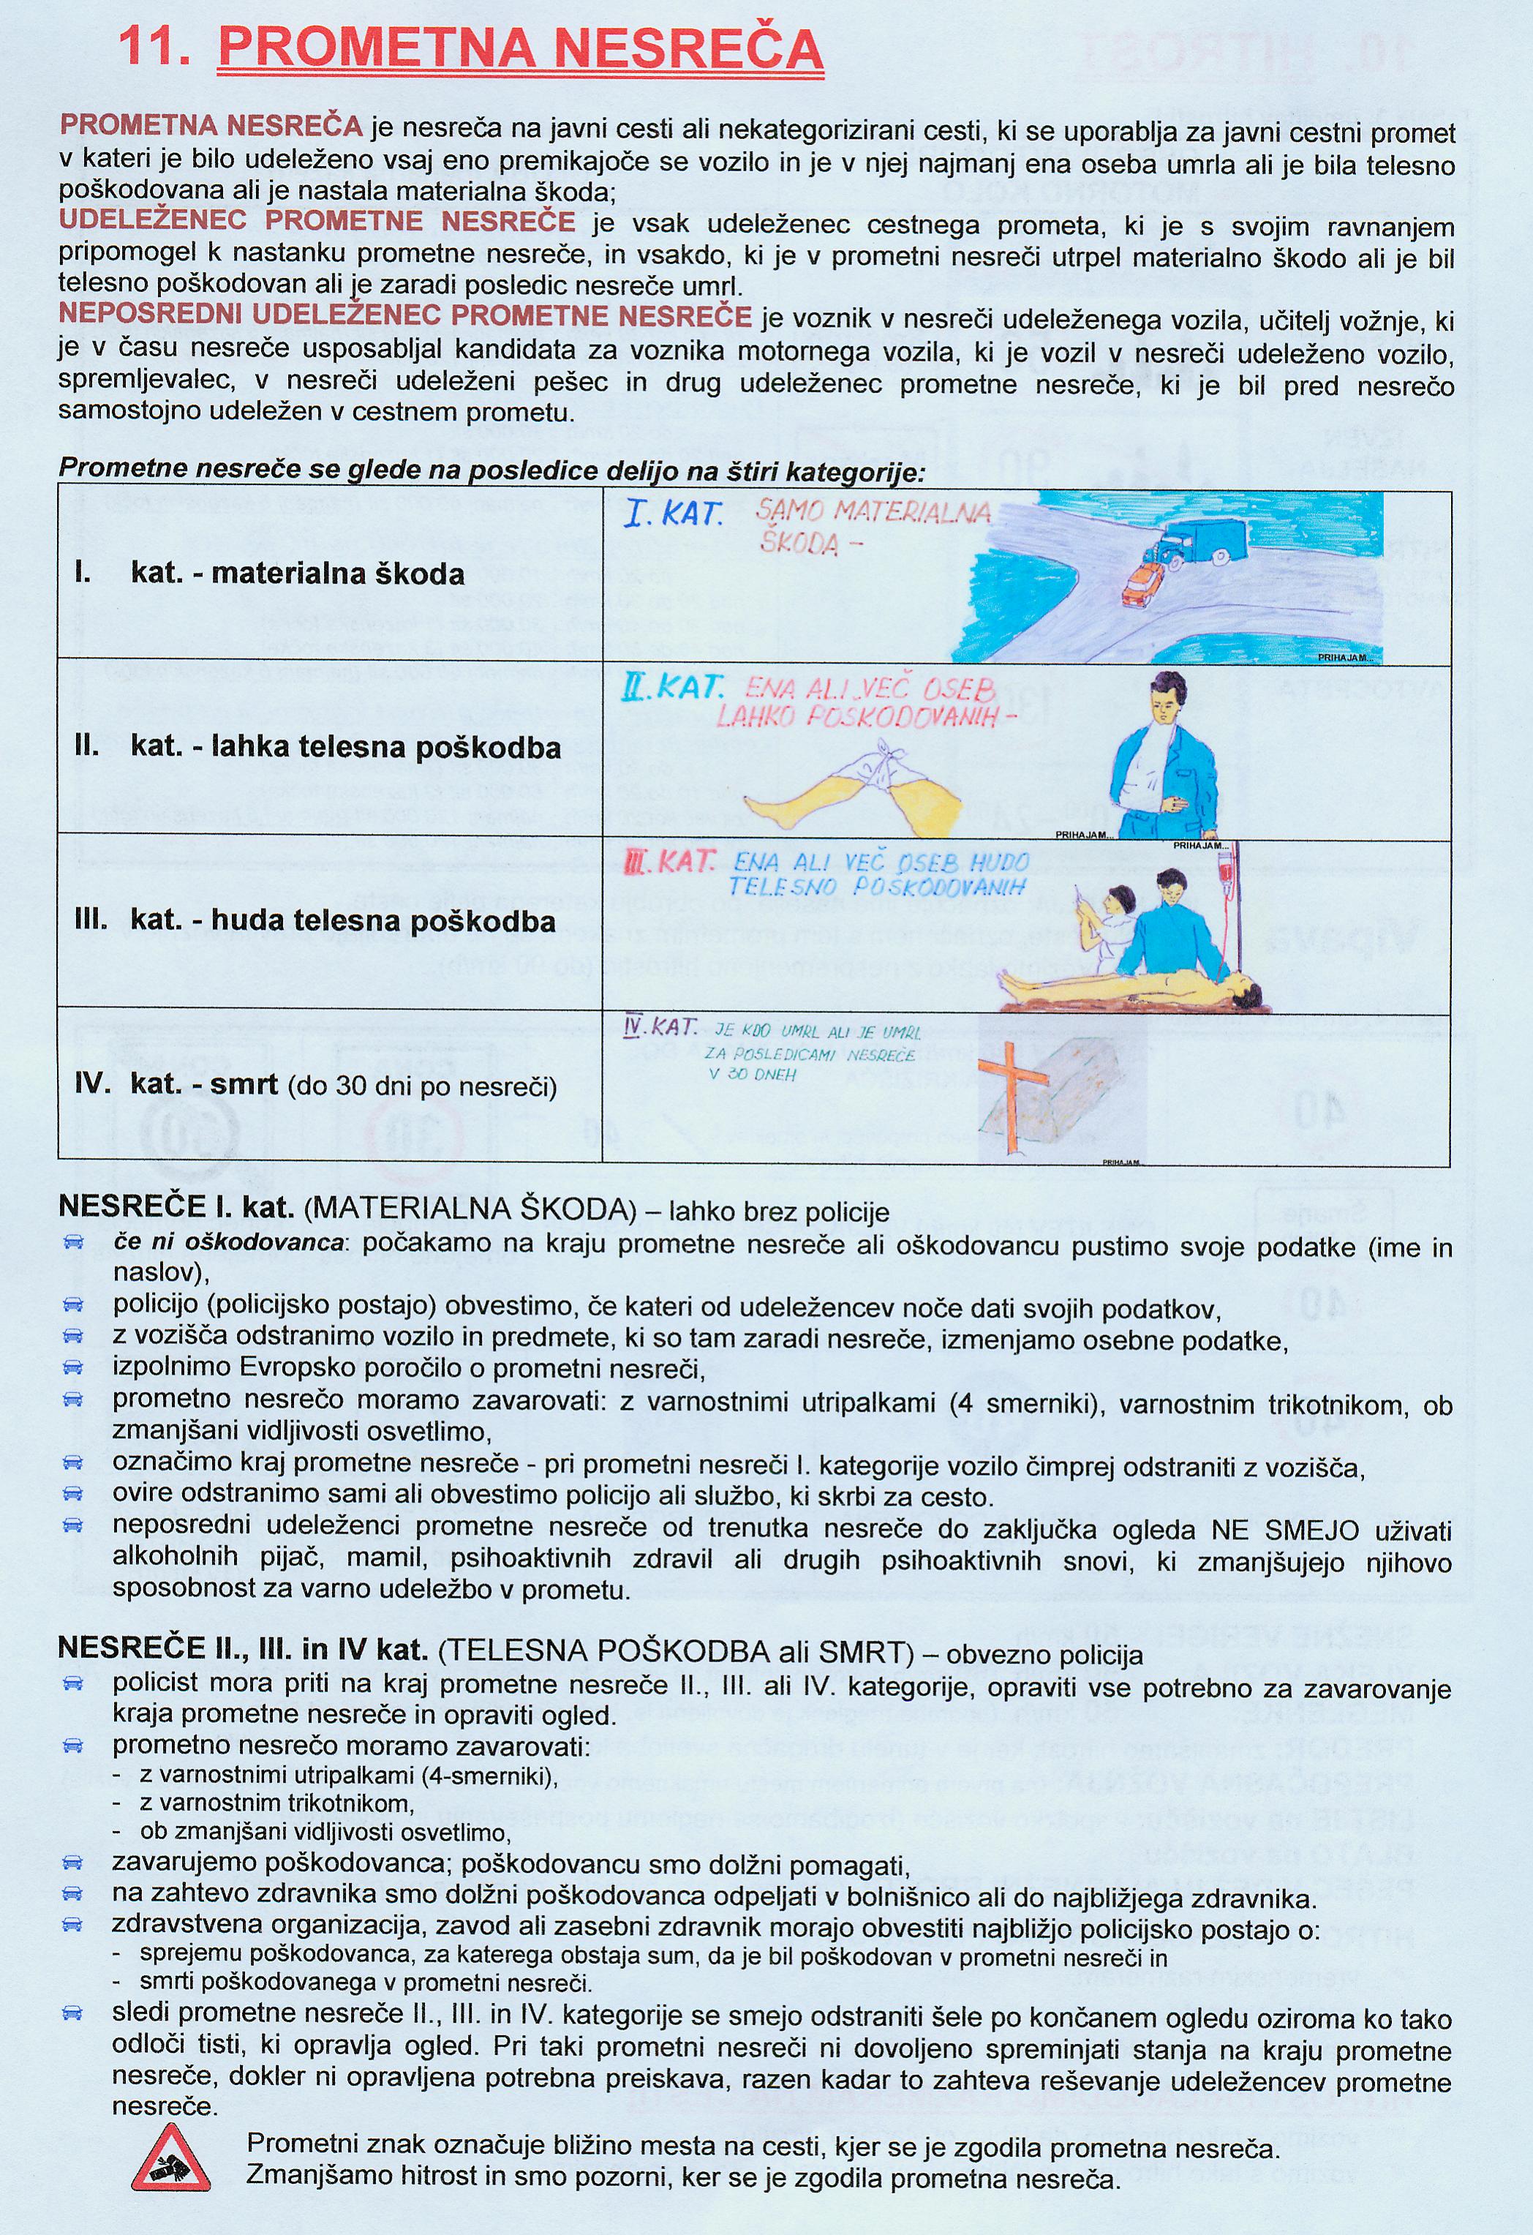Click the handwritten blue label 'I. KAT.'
tap(673, 514)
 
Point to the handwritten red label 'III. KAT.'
tap(669, 862)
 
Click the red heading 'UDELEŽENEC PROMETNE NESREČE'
tap(317, 221)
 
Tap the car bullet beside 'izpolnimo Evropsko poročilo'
tap(73, 1367)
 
